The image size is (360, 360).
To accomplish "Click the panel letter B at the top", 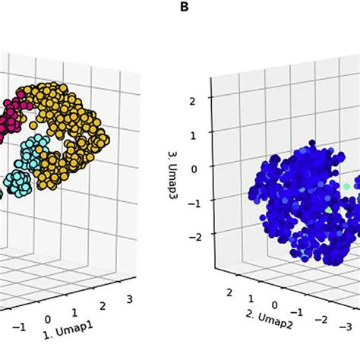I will click(184, 7).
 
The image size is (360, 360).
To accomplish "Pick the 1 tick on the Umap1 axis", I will click(74, 312).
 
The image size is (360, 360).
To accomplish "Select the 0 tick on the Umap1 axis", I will click(47, 320).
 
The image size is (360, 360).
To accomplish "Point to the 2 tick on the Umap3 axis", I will click(194, 100).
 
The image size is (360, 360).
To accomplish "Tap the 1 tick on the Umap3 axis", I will click(194, 134).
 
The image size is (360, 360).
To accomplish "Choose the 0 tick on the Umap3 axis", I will click(194, 169).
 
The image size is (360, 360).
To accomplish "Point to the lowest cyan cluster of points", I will click(17, 182).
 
